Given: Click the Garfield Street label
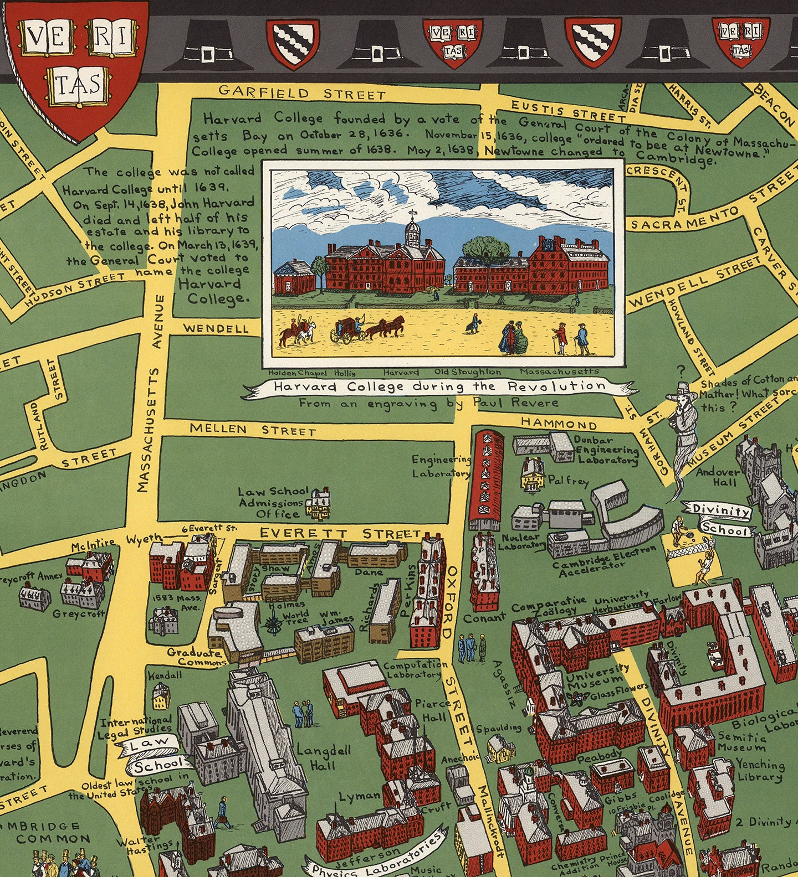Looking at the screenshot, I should point(301,92).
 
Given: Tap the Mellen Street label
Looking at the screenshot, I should point(253,430).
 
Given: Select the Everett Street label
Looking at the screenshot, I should point(340,533).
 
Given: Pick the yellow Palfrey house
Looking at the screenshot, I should point(533,474).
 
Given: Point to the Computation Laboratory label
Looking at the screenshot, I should point(415,669).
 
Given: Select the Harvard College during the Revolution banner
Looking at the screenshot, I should point(439,386).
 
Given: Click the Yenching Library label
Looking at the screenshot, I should point(759,770).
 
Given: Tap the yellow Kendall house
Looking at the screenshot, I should point(161,696).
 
